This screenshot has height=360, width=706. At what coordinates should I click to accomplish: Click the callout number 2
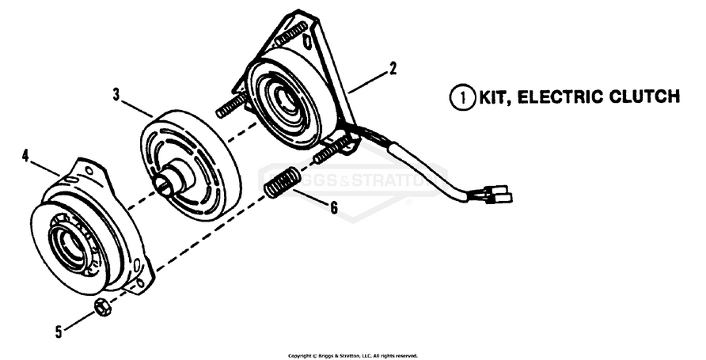393,69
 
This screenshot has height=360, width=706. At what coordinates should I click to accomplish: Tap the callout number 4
25,156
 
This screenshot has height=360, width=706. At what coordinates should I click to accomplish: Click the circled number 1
460,97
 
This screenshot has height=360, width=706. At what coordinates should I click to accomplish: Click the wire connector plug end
499,194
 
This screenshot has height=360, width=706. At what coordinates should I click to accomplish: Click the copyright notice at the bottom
352,355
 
